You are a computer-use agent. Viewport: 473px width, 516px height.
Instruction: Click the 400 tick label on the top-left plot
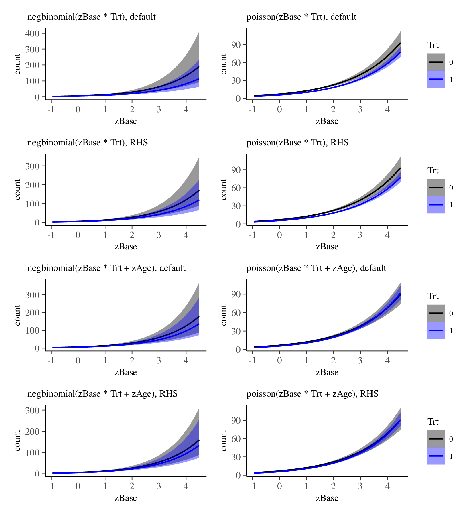pos(32,33)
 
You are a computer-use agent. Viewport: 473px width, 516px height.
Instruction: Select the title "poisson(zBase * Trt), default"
pos(301,17)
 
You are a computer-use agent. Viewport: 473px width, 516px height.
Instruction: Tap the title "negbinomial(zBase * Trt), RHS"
pos(88,143)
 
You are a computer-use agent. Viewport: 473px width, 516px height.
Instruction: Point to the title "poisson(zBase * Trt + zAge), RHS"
pos(312,394)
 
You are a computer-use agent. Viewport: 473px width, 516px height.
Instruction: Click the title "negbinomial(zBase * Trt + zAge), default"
pos(107,268)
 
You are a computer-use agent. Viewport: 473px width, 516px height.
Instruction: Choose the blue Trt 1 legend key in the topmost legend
pos(436,79)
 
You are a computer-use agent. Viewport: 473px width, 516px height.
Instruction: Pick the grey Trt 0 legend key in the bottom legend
pos(436,439)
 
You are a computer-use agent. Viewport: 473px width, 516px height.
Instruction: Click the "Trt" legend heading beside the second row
pos(433,170)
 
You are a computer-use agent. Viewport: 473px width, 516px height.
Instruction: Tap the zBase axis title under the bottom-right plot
pos(327,498)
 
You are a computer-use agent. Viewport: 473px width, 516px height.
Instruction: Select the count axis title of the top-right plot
pos(224,64)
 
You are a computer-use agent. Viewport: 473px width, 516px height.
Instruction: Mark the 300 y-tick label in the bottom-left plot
pos(32,410)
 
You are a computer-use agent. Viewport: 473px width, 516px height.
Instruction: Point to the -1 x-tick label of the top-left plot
pos(51,109)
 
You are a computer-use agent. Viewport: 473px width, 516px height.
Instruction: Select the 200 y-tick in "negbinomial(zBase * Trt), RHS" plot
pos(32,185)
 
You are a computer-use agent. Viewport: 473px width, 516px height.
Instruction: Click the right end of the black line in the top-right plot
pos(400,43)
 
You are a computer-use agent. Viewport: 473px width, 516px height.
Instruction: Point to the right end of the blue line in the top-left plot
pos(199,79)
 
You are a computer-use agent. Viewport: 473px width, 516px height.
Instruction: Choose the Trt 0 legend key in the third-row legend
pos(436,313)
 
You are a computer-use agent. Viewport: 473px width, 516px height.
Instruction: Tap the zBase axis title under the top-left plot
pos(126,121)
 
